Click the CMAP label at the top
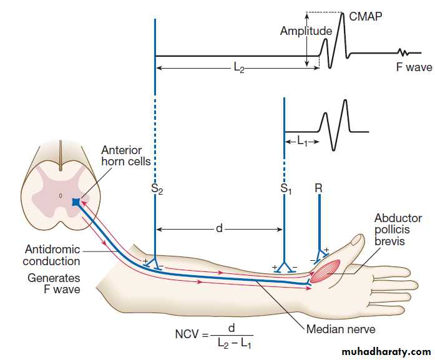[x=365, y=17]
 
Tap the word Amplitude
[x=306, y=31]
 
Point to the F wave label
[x=414, y=66]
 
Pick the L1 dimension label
[x=303, y=142]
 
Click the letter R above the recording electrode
[x=318, y=186]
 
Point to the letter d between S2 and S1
[x=218, y=229]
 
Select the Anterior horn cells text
[x=123, y=157]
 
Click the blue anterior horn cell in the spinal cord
[x=75, y=202]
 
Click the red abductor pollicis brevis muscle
[x=322, y=273]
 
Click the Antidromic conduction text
[x=52, y=256]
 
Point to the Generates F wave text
[x=54, y=283]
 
